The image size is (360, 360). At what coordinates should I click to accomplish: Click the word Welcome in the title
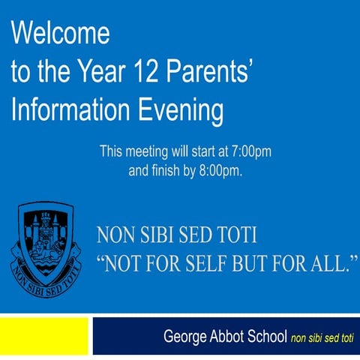(x=60, y=33)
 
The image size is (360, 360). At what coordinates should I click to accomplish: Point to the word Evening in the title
(x=180, y=111)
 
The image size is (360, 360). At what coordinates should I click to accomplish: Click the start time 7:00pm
(x=250, y=151)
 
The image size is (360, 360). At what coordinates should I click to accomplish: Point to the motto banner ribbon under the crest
(x=46, y=271)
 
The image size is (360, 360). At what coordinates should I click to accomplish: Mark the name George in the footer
(x=185, y=337)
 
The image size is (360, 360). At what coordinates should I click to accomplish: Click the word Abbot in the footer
(x=229, y=337)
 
